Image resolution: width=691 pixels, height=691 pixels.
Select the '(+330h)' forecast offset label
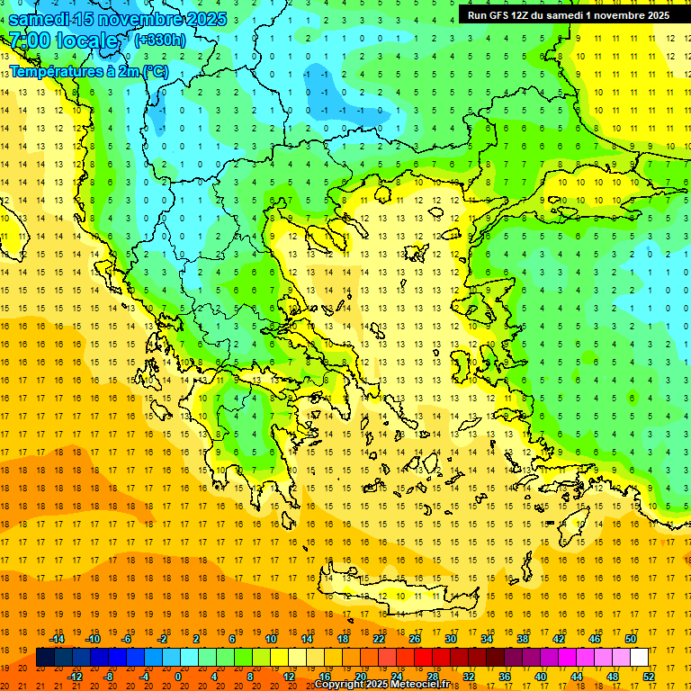160,40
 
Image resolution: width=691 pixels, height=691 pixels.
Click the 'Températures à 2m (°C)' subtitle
88,70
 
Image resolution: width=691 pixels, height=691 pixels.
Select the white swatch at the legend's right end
640,658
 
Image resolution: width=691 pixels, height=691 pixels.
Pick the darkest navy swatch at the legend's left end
45,658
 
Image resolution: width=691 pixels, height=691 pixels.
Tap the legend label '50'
631,639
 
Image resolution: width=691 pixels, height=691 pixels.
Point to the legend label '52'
649,677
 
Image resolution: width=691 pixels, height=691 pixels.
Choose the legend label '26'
415,639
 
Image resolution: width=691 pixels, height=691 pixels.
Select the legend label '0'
177,677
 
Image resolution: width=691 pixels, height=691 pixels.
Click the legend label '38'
523,639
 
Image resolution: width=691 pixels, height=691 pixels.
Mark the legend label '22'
379,639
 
